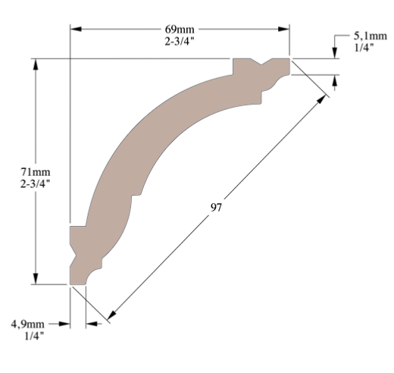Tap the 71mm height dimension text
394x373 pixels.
(x=35, y=171)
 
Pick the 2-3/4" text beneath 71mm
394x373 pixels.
(x=35, y=183)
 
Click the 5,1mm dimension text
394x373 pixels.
(x=368, y=36)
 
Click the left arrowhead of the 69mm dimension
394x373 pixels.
(x=75, y=30)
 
